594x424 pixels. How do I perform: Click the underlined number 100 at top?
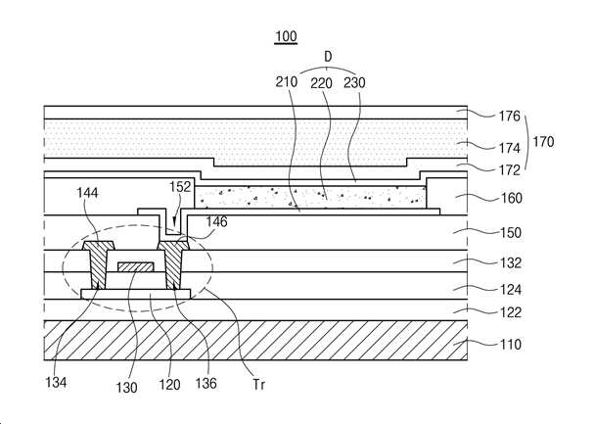coord(286,37)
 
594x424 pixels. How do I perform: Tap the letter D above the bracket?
coord(328,57)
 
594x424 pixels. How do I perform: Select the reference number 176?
coord(509,116)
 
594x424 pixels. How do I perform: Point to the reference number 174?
coord(509,148)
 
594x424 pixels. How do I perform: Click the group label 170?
coord(543,142)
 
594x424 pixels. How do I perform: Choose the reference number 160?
coord(512,198)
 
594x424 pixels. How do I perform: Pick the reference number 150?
coord(511,232)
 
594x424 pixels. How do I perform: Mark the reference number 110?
coord(511,345)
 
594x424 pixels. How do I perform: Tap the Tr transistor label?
coord(259,385)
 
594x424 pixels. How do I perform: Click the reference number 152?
coord(180,187)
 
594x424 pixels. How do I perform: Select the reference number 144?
coord(87,193)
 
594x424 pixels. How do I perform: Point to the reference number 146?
coord(216,221)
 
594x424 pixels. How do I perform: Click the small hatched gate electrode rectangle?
coord(136,266)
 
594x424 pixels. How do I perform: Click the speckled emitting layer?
coord(310,197)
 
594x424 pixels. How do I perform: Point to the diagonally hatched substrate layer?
coord(255,340)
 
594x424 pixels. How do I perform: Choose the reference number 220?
coord(321,83)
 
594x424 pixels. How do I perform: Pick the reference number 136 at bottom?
coord(206,384)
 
